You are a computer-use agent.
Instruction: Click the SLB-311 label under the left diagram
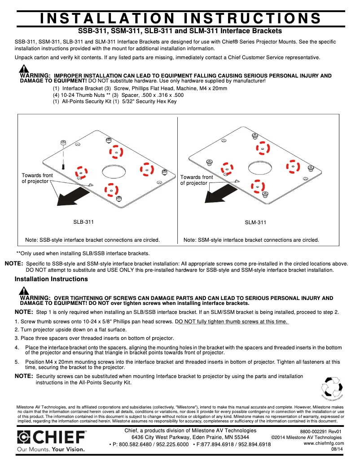point(83,222)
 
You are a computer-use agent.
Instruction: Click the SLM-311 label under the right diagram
point(255,222)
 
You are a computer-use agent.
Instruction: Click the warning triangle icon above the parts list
point(24,69)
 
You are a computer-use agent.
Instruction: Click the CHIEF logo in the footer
point(52,437)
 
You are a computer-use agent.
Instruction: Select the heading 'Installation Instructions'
point(51,279)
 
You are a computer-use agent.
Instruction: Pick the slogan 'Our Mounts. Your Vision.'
point(51,448)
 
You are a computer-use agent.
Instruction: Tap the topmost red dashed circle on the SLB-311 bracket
point(116,152)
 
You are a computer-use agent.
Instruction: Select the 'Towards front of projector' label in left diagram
point(37,178)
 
